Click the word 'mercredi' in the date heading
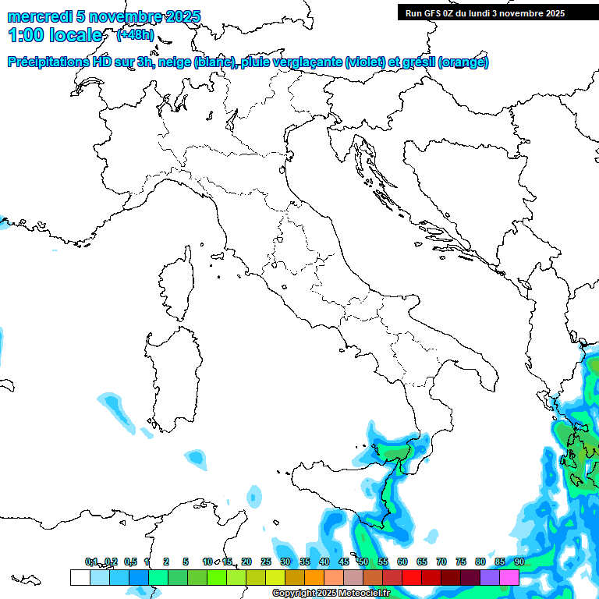[x=40, y=16]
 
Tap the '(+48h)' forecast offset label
[x=134, y=35]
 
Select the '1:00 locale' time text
[x=55, y=35]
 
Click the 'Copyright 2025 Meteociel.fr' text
[x=331, y=593]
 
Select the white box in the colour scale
[x=80, y=577]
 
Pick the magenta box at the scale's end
[x=509, y=577]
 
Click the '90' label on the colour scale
[x=519, y=562]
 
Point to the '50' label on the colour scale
[x=363, y=562]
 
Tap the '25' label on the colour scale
[x=266, y=562]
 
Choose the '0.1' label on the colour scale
[x=91, y=562]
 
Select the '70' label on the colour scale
[x=441, y=562]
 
